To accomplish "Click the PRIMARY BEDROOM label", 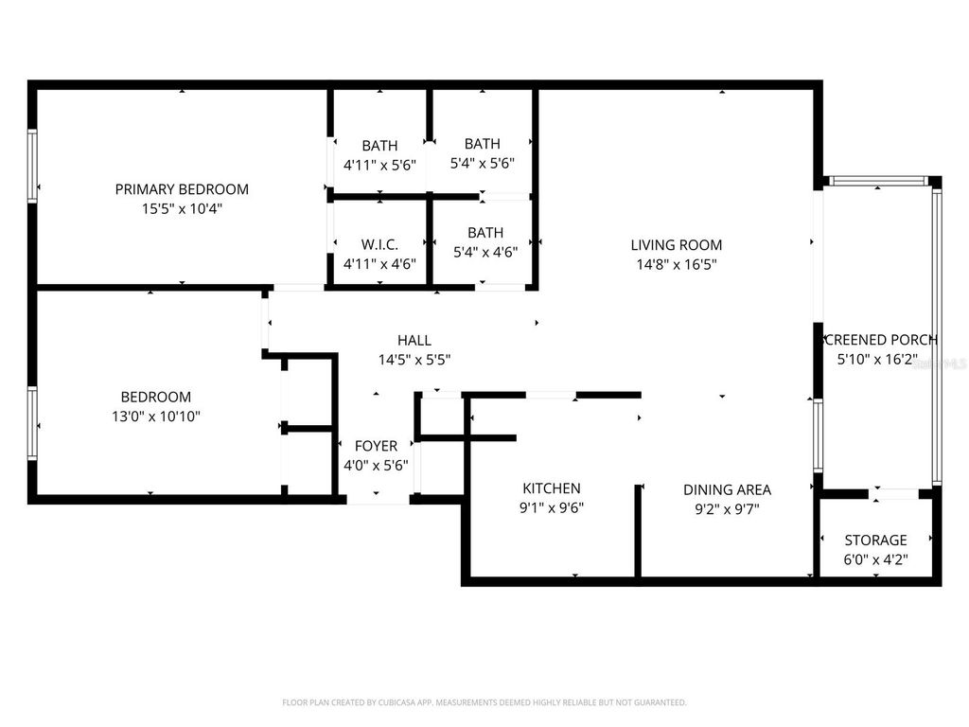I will click(x=182, y=189).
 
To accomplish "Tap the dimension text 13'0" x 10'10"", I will click(x=155, y=416).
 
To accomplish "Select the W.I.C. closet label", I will click(x=379, y=244).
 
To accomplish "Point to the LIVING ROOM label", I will click(x=676, y=245).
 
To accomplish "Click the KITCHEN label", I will click(x=552, y=488).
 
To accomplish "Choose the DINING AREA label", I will click(x=727, y=489).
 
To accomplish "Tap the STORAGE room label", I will click(x=875, y=541).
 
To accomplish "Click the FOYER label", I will click(x=376, y=446).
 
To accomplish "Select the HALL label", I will click(x=414, y=341).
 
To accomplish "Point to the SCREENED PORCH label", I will click(x=879, y=340).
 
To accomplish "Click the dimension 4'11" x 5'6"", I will click(x=379, y=165).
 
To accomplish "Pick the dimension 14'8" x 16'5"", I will click(x=676, y=265).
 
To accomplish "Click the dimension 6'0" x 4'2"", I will click(x=875, y=559).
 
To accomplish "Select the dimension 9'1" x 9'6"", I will click(x=552, y=507).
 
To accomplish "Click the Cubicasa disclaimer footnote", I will click(x=484, y=702).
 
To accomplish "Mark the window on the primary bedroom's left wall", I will click(x=32, y=166).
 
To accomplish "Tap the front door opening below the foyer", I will click(x=378, y=499).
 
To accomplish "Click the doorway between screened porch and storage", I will click(x=893, y=493).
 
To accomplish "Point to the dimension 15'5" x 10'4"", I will click(x=182, y=208).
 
